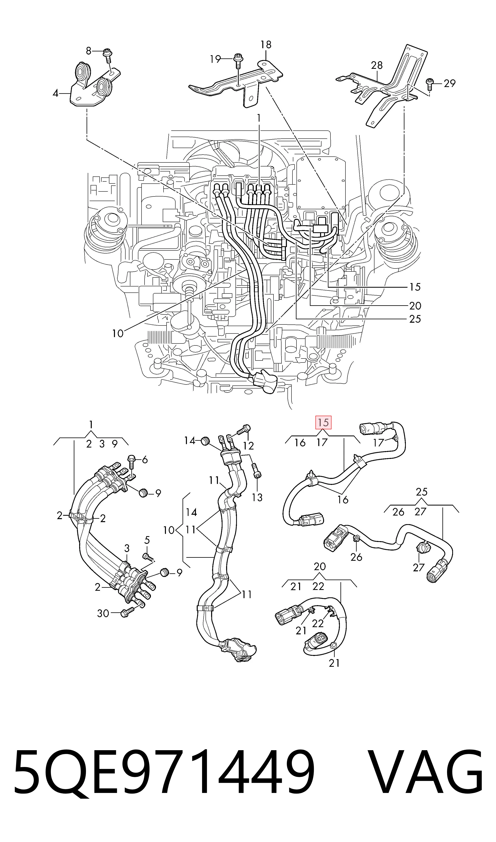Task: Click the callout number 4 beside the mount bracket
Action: [x=56, y=93]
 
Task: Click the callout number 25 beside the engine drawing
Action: [x=415, y=319]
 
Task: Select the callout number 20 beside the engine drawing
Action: [x=415, y=306]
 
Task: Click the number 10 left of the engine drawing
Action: [x=118, y=333]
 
